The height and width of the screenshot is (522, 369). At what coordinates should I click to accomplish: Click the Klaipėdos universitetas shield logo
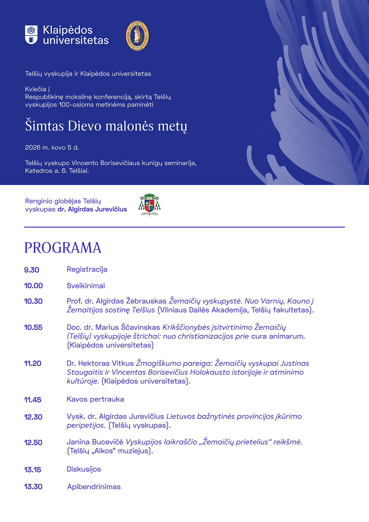tap(31, 35)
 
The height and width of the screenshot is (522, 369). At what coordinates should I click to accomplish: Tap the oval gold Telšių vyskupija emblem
tap(137, 36)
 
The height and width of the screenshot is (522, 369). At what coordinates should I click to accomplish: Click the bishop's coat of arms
tap(149, 205)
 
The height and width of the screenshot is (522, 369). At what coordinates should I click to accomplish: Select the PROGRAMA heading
tap(63, 248)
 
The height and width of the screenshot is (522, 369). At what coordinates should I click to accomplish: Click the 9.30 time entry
tap(32, 270)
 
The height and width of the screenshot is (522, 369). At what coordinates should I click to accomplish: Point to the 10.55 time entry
tap(33, 328)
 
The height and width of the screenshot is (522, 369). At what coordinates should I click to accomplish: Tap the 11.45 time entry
tap(33, 400)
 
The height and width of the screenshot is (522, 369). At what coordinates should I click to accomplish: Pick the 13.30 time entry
tap(33, 487)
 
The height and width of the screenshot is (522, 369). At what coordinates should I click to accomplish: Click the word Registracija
tap(87, 269)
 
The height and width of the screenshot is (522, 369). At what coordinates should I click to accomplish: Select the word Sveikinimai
tap(86, 286)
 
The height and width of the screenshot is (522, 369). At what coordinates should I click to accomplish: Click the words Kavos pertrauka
tap(95, 399)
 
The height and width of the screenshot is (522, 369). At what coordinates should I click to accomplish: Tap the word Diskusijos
tap(84, 469)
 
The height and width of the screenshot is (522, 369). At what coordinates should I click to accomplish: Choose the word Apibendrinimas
tap(94, 487)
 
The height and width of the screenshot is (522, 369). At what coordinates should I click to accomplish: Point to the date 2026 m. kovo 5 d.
tap(52, 148)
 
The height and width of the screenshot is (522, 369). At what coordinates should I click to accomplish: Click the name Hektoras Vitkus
tap(106, 364)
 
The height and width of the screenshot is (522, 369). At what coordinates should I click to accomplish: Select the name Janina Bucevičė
tap(95, 442)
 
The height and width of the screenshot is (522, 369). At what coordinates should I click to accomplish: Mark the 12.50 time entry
tap(33, 443)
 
